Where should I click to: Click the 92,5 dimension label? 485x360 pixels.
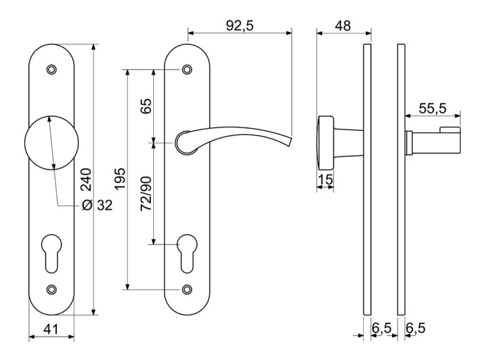pos(240,26)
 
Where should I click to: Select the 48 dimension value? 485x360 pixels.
pos(343,26)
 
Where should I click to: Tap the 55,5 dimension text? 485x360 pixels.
pos(432,109)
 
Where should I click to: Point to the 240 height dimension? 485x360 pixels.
pos(87,179)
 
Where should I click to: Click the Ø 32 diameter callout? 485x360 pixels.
pos(97,205)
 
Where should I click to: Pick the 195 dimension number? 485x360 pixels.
pos(119,179)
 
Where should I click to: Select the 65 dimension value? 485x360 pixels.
pos(146,106)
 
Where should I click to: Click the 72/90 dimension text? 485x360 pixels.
pos(146,194)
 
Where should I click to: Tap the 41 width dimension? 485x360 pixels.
pos(51,330)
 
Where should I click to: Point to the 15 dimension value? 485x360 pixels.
pos(325,179)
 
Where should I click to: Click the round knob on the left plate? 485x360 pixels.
pos(52,143)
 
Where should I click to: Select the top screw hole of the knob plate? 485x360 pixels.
pos(52,69)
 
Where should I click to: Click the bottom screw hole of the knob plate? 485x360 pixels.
pos(52,289)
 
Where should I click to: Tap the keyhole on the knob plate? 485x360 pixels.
pos(51,253)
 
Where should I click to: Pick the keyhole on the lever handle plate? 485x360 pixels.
pos(187,253)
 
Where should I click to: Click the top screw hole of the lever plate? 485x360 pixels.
pos(187,69)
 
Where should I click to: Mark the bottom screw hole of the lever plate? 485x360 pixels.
pos(187,289)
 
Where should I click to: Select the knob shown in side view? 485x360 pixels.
pos(325,143)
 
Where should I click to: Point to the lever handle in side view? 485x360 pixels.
pos(432,142)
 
